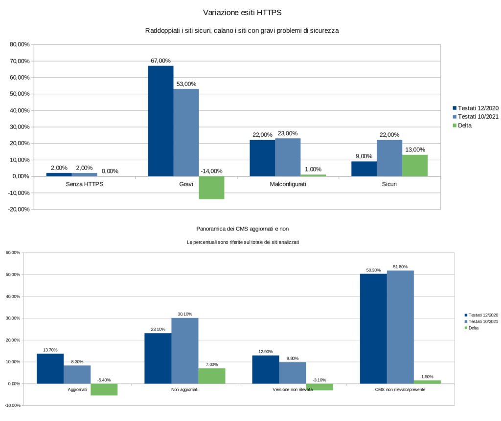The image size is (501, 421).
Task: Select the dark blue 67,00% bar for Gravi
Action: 160,121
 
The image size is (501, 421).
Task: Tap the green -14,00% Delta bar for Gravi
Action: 211,188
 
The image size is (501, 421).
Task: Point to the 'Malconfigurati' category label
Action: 288,185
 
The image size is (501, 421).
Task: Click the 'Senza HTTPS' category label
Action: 84,185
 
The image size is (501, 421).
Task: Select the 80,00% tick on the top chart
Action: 20,44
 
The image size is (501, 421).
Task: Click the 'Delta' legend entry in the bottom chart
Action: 474,328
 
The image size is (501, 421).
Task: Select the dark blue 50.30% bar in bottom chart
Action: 373,328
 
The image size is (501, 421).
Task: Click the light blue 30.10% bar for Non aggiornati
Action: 185,351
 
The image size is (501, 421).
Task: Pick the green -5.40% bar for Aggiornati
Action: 104,389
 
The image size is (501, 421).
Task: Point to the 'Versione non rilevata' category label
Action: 293,390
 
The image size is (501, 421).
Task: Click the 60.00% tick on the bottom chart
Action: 13,253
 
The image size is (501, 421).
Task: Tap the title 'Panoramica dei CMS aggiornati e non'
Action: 246,229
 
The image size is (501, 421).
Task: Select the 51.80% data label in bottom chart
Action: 400,267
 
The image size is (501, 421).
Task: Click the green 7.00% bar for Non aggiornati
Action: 212,376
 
